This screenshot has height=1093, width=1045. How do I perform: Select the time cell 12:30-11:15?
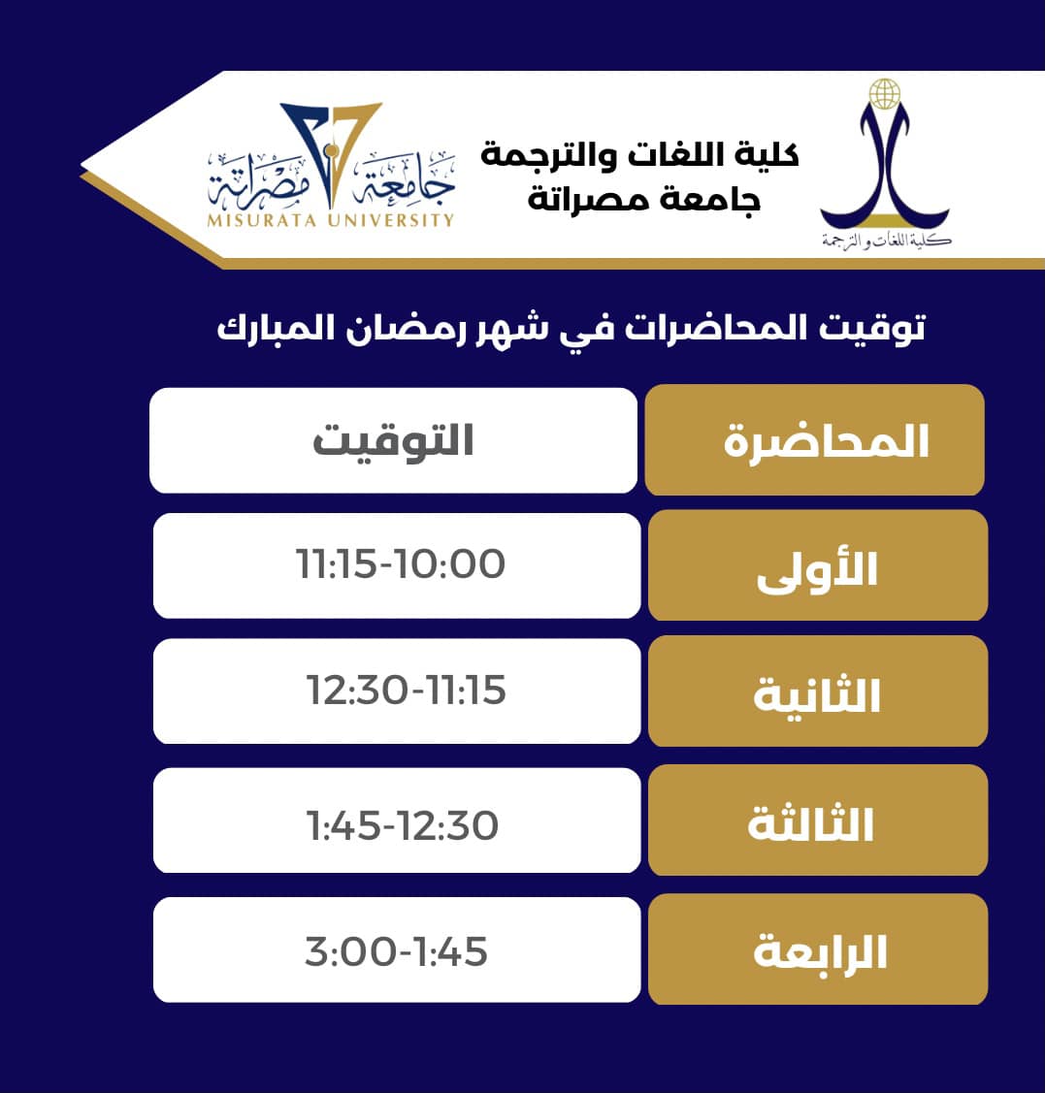[406, 691]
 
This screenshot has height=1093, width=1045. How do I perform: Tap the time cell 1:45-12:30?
[402, 825]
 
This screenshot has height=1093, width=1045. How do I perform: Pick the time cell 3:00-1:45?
[396, 951]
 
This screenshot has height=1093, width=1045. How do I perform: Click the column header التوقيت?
[393, 441]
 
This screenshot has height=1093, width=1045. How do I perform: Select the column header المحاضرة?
[826, 441]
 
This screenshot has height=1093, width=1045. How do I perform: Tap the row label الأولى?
[817, 569]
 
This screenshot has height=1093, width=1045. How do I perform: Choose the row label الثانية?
[817, 695]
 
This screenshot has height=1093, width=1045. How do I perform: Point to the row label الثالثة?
[811, 824]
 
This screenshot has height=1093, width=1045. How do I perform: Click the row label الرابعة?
[820, 953]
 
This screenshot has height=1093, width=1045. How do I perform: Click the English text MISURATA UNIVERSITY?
[330, 220]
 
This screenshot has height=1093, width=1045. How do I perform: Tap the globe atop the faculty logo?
[884, 94]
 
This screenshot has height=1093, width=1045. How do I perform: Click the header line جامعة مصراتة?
[644, 199]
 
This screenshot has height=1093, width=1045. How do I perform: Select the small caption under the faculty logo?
[886, 240]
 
